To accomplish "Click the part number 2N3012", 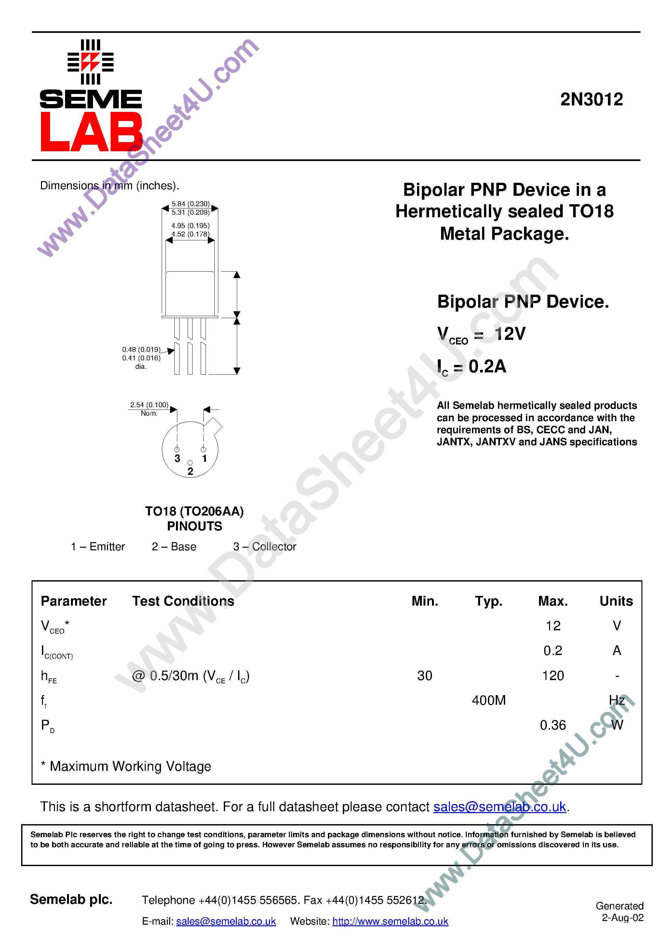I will click(x=591, y=100).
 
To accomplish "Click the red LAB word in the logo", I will click(x=91, y=132).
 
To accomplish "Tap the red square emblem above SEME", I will click(x=90, y=62).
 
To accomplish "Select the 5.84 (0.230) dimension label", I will click(x=191, y=204).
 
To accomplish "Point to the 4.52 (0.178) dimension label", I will click(x=191, y=234).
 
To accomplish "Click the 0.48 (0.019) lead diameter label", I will click(x=141, y=350).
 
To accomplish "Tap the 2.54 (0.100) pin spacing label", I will click(x=149, y=405).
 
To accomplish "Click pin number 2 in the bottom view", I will click(x=190, y=471).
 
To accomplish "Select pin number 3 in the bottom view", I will click(x=177, y=458).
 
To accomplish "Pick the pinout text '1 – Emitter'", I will click(x=98, y=547).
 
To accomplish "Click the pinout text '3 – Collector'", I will click(x=265, y=547).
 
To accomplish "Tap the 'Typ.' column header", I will click(x=489, y=601).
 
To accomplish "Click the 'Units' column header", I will click(x=616, y=601).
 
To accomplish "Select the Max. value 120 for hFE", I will click(x=553, y=676).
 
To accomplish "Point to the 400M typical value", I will click(x=489, y=700).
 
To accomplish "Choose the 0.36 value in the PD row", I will click(x=553, y=725).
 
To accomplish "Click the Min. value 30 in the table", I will click(x=425, y=676).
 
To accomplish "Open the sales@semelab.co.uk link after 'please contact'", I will click(x=499, y=807).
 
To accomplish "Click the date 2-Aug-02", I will click(x=622, y=918).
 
